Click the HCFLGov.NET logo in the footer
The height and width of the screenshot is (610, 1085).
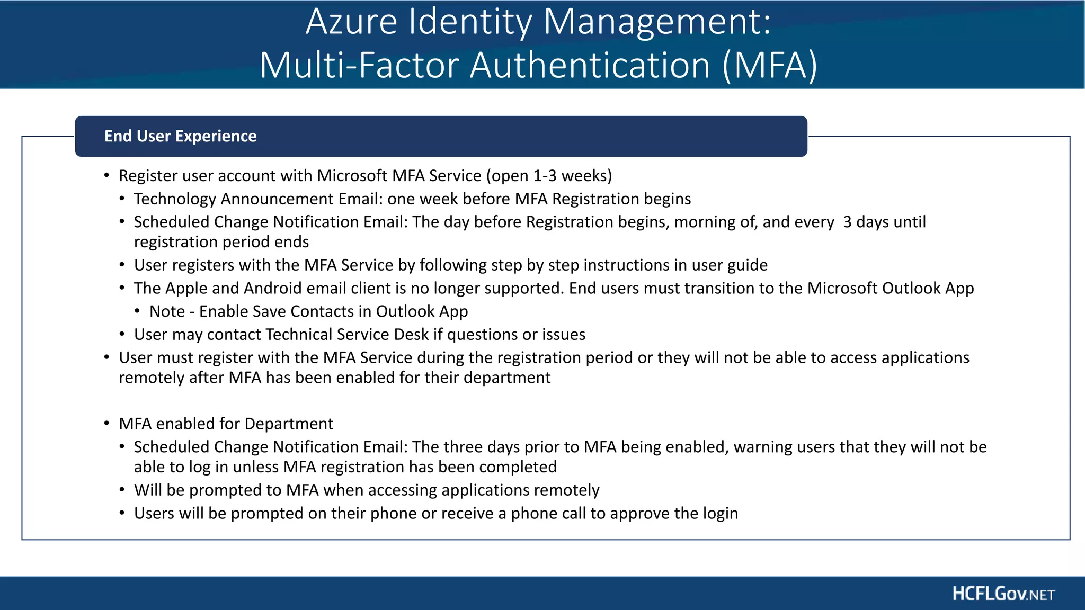tap(1003, 594)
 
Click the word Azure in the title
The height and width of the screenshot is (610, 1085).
tap(351, 22)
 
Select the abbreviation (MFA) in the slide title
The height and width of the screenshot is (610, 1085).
tap(770, 66)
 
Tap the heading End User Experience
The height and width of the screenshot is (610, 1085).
tap(180, 136)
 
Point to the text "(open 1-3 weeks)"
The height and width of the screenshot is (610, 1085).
tap(549, 175)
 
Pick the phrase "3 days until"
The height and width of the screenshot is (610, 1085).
tap(884, 222)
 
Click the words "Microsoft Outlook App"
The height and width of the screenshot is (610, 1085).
tap(890, 288)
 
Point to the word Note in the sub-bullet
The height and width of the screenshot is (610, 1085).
tap(167, 311)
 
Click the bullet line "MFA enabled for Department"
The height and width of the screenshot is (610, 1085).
tap(226, 424)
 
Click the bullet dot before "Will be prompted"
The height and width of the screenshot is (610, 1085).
tap(122, 490)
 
